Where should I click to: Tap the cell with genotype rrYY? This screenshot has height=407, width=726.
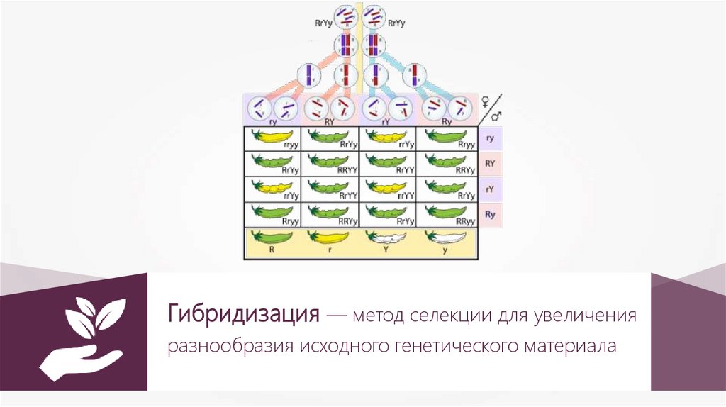[x=330, y=190]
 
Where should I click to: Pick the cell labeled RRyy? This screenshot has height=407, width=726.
[x=446, y=216]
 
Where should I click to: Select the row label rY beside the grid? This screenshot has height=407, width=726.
[x=491, y=189]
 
